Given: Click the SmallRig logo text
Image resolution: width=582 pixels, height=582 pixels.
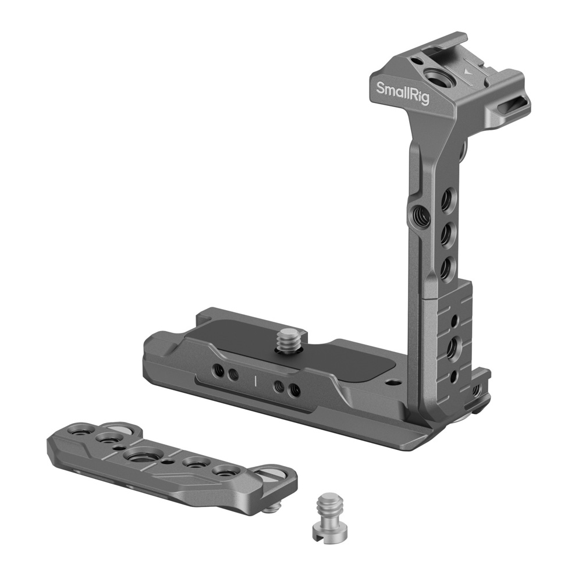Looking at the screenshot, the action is pyautogui.click(x=403, y=93).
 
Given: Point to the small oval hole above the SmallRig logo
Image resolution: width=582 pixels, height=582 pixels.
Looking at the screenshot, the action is pyautogui.click(x=417, y=61).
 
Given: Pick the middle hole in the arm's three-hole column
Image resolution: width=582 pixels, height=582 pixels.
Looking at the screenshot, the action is pyautogui.click(x=445, y=232).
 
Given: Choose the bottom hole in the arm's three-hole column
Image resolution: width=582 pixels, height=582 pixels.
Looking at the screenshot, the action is pyautogui.click(x=446, y=266).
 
